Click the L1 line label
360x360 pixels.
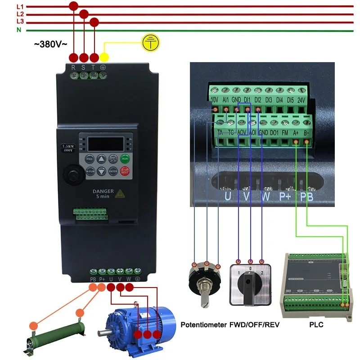(20, 7)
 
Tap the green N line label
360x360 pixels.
(19, 30)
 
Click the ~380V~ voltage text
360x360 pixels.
(50, 44)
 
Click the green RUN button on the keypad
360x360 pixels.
(125, 158)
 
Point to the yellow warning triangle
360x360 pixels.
(120, 193)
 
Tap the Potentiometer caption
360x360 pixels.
(203, 324)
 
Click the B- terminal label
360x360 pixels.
(306, 133)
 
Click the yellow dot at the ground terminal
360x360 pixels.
(104, 57)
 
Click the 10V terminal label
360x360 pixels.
(215, 101)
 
